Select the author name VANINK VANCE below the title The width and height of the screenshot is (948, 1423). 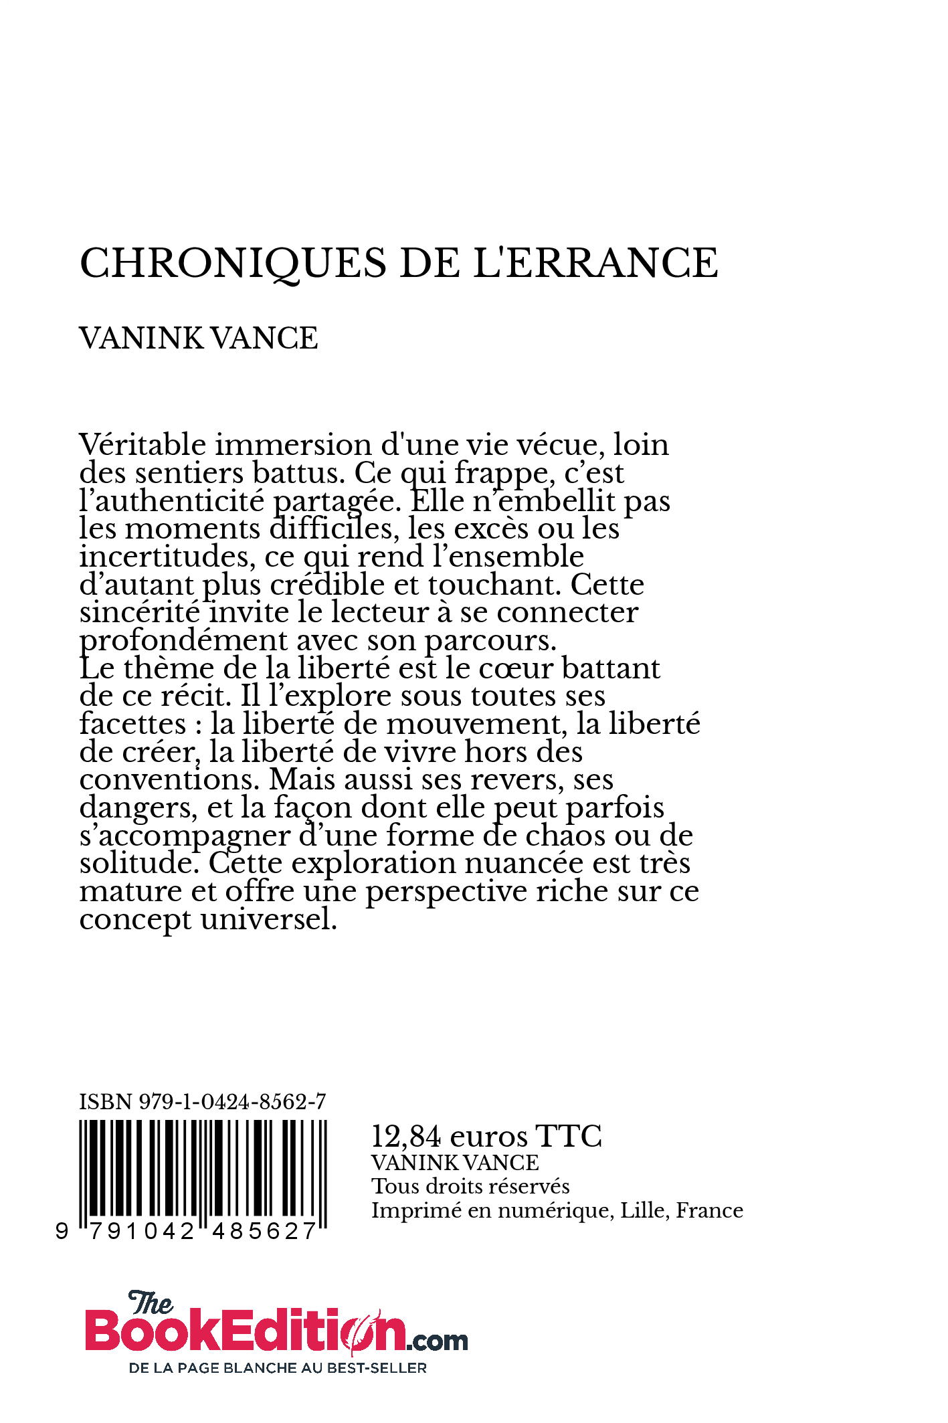coord(198,338)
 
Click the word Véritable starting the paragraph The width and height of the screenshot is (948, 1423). coord(142,445)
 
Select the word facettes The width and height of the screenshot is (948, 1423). coord(132,724)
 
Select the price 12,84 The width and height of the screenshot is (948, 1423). coord(406,1137)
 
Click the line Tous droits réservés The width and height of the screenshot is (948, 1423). coord(470,1186)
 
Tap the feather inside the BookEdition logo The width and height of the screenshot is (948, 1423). coord(367,1330)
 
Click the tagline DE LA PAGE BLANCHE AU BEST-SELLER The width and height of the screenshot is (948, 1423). coord(278,1368)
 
